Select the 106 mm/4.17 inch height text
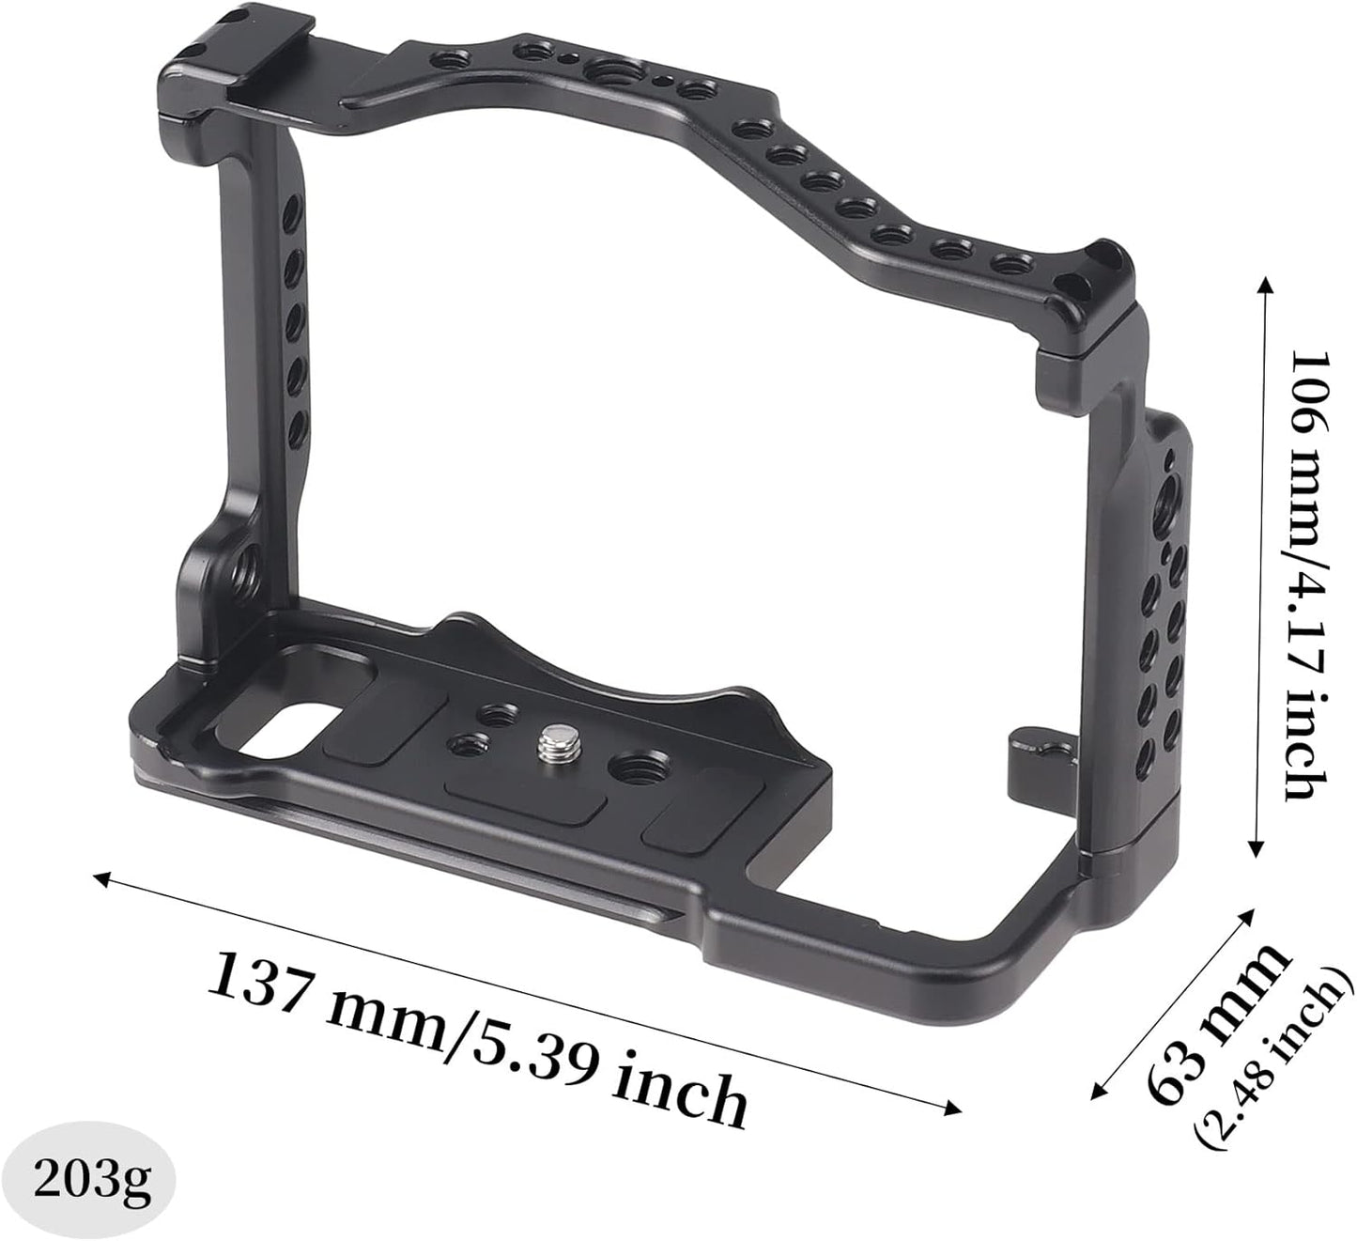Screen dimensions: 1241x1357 [x=1309, y=574]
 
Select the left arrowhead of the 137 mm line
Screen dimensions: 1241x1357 [x=102, y=879]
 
